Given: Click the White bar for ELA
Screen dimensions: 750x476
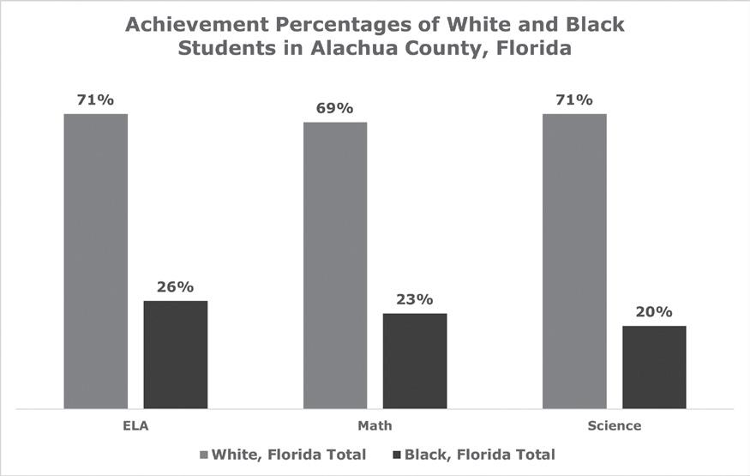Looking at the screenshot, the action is pyautogui.click(x=96, y=262).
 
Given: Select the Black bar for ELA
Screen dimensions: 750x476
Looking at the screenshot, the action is pyautogui.click(x=176, y=355).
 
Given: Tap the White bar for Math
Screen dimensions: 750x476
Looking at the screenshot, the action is pyautogui.click(x=335, y=266).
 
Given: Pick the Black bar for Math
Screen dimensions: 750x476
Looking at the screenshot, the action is pyautogui.click(x=415, y=361).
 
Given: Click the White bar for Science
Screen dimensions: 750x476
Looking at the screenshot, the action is pyautogui.click(x=574, y=262).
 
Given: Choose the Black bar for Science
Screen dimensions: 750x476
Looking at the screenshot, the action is pyautogui.click(x=654, y=367).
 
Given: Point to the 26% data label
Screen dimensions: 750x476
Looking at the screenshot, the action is pyautogui.click(x=175, y=286).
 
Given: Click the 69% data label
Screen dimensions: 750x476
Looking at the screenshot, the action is pyautogui.click(x=335, y=108).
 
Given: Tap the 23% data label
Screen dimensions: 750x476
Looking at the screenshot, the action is pyautogui.click(x=415, y=299).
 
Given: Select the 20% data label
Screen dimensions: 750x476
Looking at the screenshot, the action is pyautogui.click(x=654, y=312).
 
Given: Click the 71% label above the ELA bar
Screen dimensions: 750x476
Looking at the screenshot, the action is pyautogui.click(x=96, y=100).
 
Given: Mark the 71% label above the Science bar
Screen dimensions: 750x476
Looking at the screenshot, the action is pyautogui.click(x=574, y=100).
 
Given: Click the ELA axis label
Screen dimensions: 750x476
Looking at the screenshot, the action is pyautogui.click(x=135, y=425).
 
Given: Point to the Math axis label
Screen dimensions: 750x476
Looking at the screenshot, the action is pyautogui.click(x=375, y=425).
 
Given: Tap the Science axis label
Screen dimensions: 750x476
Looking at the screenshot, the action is pyautogui.click(x=615, y=425).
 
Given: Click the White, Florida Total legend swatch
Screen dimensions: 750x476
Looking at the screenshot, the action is pyautogui.click(x=204, y=455).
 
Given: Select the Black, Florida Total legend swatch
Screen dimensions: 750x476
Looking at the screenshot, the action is pyautogui.click(x=397, y=455).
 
